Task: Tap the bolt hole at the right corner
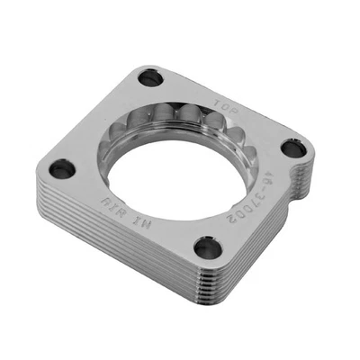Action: [290, 148]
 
